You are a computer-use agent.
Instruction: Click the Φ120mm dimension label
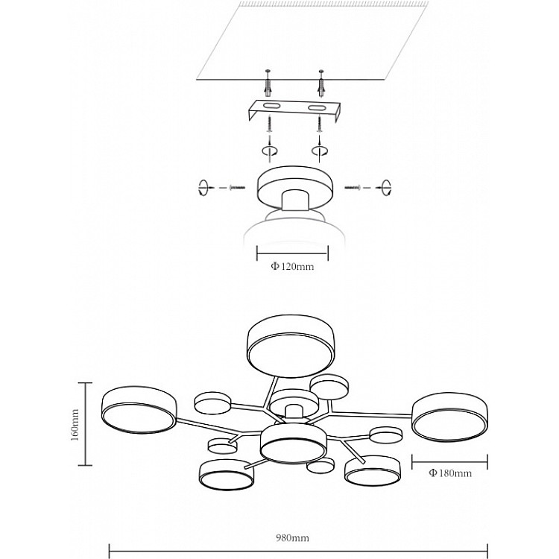pyautogui.click(x=292, y=266)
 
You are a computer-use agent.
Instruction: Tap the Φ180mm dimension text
pyautogui.click(x=450, y=473)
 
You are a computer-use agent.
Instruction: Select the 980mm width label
pyautogui.click(x=292, y=537)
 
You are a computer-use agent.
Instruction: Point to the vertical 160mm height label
pyautogui.click(x=75, y=425)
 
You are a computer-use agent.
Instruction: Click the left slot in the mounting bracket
pyautogui.click(x=273, y=106)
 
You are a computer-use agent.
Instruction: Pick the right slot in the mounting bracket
pyautogui.click(x=317, y=107)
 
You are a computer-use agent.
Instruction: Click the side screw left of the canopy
pyautogui.click(x=238, y=187)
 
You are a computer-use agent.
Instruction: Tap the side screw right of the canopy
pyautogui.click(x=353, y=187)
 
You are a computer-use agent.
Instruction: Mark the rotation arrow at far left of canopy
pyautogui.click(x=203, y=187)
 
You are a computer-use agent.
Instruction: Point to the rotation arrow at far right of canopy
pyautogui.click(x=386, y=187)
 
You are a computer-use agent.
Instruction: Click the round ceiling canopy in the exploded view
pyautogui.click(x=295, y=188)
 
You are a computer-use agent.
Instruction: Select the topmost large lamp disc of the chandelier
pyautogui.click(x=291, y=346)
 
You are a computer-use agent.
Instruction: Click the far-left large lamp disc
pyautogui.click(x=139, y=410)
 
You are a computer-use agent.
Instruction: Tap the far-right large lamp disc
pyautogui.click(x=450, y=417)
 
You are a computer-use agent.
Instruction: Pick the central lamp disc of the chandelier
pyautogui.click(x=293, y=443)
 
